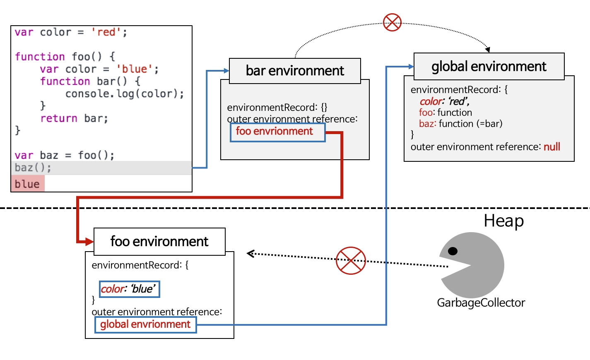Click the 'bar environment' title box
coord(295,71)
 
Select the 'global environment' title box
coord(489,66)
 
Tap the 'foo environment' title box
coord(159,241)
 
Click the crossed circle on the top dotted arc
coord(392,22)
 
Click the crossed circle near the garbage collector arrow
coord(351,261)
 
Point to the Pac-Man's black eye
coord(453,251)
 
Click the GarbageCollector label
coord(481,302)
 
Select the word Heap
coord(503,221)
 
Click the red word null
coord(551,147)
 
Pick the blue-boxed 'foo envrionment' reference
coord(277,132)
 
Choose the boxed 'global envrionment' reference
coord(145,324)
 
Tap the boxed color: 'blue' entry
coord(129,289)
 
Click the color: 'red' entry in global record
coord(444,101)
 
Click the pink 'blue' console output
coord(27,184)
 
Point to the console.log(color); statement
coord(124,94)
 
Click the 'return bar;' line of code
coord(74,119)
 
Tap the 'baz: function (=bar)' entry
coord(460,124)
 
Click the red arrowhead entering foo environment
coord(89,241)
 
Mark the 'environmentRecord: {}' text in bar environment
coord(277,108)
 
